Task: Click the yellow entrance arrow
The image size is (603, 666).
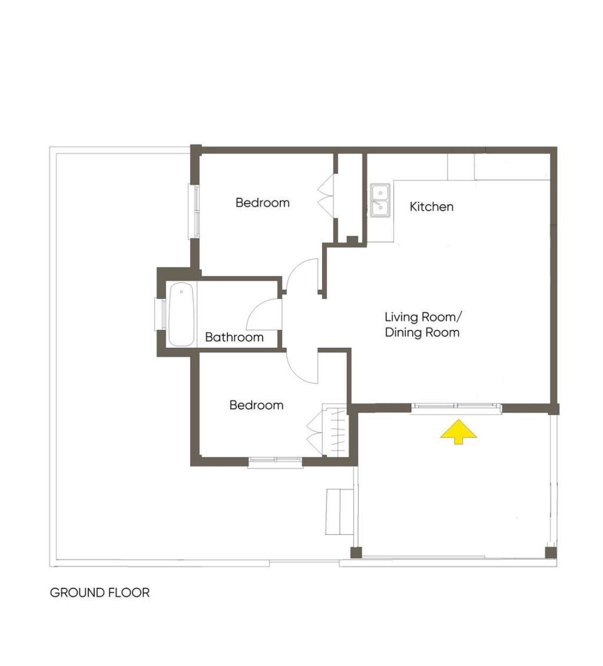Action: pyautogui.click(x=458, y=432)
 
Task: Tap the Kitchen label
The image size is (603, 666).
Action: pyautogui.click(x=431, y=207)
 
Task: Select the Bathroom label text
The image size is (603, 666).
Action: pyautogui.click(x=234, y=338)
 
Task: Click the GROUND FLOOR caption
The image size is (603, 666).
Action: pyautogui.click(x=100, y=593)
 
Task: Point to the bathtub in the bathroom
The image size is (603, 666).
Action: pyautogui.click(x=181, y=314)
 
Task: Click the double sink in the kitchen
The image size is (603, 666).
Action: pyautogui.click(x=381, y=200)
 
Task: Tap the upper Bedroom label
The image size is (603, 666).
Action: pyautogui.click(x=263, y=203)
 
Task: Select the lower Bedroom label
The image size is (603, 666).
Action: pyautogui.click(x=256, y=405)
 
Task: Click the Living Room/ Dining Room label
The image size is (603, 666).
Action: pyautogui.click(x=422, y=325)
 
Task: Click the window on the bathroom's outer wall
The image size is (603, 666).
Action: pyautogui.click(x=161, y=314)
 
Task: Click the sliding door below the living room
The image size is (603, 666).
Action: pyautogui.click(x=456, y=408)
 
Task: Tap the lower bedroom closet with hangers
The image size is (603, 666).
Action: pyautogui.click(x=334, y=430)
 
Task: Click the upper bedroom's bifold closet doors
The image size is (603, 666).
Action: pyautogui.click(x=326, y=196)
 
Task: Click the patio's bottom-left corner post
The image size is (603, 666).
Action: pyautogui.click(x=356, y=552)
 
